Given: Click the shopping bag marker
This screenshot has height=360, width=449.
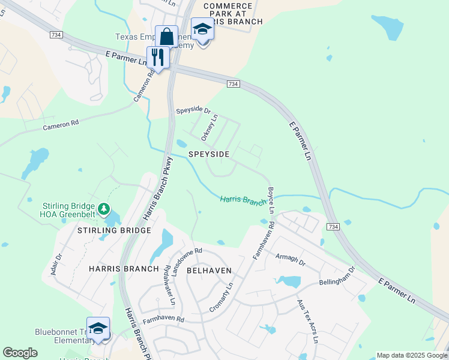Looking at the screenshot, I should pos(166,37).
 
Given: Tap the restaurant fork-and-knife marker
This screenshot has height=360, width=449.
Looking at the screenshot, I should pos(158,58).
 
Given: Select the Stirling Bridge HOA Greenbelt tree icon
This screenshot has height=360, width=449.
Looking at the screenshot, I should pos(104,209).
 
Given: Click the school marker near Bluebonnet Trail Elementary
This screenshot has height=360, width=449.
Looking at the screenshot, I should pos(98,328).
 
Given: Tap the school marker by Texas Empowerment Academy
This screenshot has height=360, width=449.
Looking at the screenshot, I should pos(203,29).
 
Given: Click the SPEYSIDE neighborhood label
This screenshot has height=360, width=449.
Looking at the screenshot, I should pos(209,154).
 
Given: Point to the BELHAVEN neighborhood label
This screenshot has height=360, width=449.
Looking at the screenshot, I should pos(209,271).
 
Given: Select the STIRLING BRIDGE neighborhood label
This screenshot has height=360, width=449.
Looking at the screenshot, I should pos(113,230).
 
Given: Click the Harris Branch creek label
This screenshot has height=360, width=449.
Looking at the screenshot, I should pos(243,200).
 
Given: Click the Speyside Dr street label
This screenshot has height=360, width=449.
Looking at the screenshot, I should pos(193,111).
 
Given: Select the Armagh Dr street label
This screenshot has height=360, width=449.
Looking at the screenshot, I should pos(291,263).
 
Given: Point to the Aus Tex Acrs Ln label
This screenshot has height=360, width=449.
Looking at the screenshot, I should pos(307,321).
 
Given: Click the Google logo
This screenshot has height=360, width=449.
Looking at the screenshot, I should pos(20,353).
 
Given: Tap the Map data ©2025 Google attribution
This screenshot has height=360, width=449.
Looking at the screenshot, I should pos(411,355).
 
